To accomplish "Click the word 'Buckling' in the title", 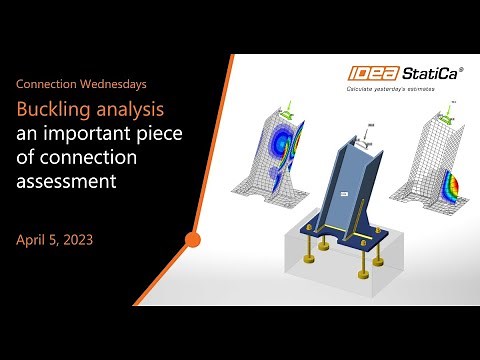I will coord(50,108).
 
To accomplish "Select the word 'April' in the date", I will coord(32,240).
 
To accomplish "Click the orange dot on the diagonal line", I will coord(193,240).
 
